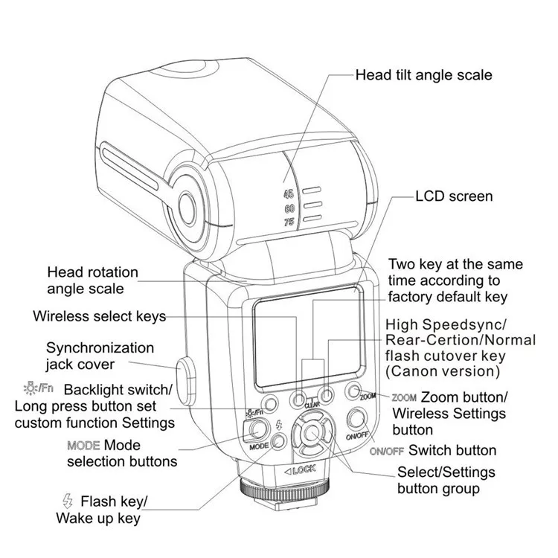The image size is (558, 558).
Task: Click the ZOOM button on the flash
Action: (353, 392)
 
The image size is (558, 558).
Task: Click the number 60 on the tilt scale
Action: (289, 208)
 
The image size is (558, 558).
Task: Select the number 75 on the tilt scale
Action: (289, 222)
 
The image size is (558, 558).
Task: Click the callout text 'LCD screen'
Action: (454, 196)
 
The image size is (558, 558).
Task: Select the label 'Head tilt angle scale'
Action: (423, 74)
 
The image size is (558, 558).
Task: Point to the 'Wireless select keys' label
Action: (100, 315)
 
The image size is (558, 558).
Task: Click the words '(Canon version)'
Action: (442, 371)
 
